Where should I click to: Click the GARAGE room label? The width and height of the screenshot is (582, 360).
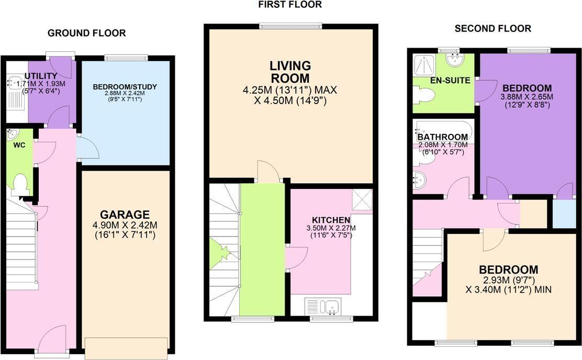point(125,215)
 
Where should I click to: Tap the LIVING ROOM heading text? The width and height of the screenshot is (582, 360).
point(290,72)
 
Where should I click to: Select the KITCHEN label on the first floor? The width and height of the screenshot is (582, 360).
point(331,220)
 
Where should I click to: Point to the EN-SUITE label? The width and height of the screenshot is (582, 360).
point(450,81)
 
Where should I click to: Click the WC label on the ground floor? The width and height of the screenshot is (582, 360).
point(19,145)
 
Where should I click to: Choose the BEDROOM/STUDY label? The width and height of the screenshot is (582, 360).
point(125,87)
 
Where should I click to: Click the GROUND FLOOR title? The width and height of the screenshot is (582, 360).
point(86,33)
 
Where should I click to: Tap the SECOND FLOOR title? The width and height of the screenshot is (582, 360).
point(493,28)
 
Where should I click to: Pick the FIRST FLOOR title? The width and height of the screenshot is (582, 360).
point(290,5)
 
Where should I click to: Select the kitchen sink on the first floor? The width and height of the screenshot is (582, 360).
point(322,307)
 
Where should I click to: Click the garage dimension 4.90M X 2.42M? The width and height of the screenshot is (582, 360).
point(125,226)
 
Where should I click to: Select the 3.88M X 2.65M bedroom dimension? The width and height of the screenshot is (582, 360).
point(527,97)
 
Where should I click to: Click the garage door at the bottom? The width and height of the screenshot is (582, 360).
point(126,348)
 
